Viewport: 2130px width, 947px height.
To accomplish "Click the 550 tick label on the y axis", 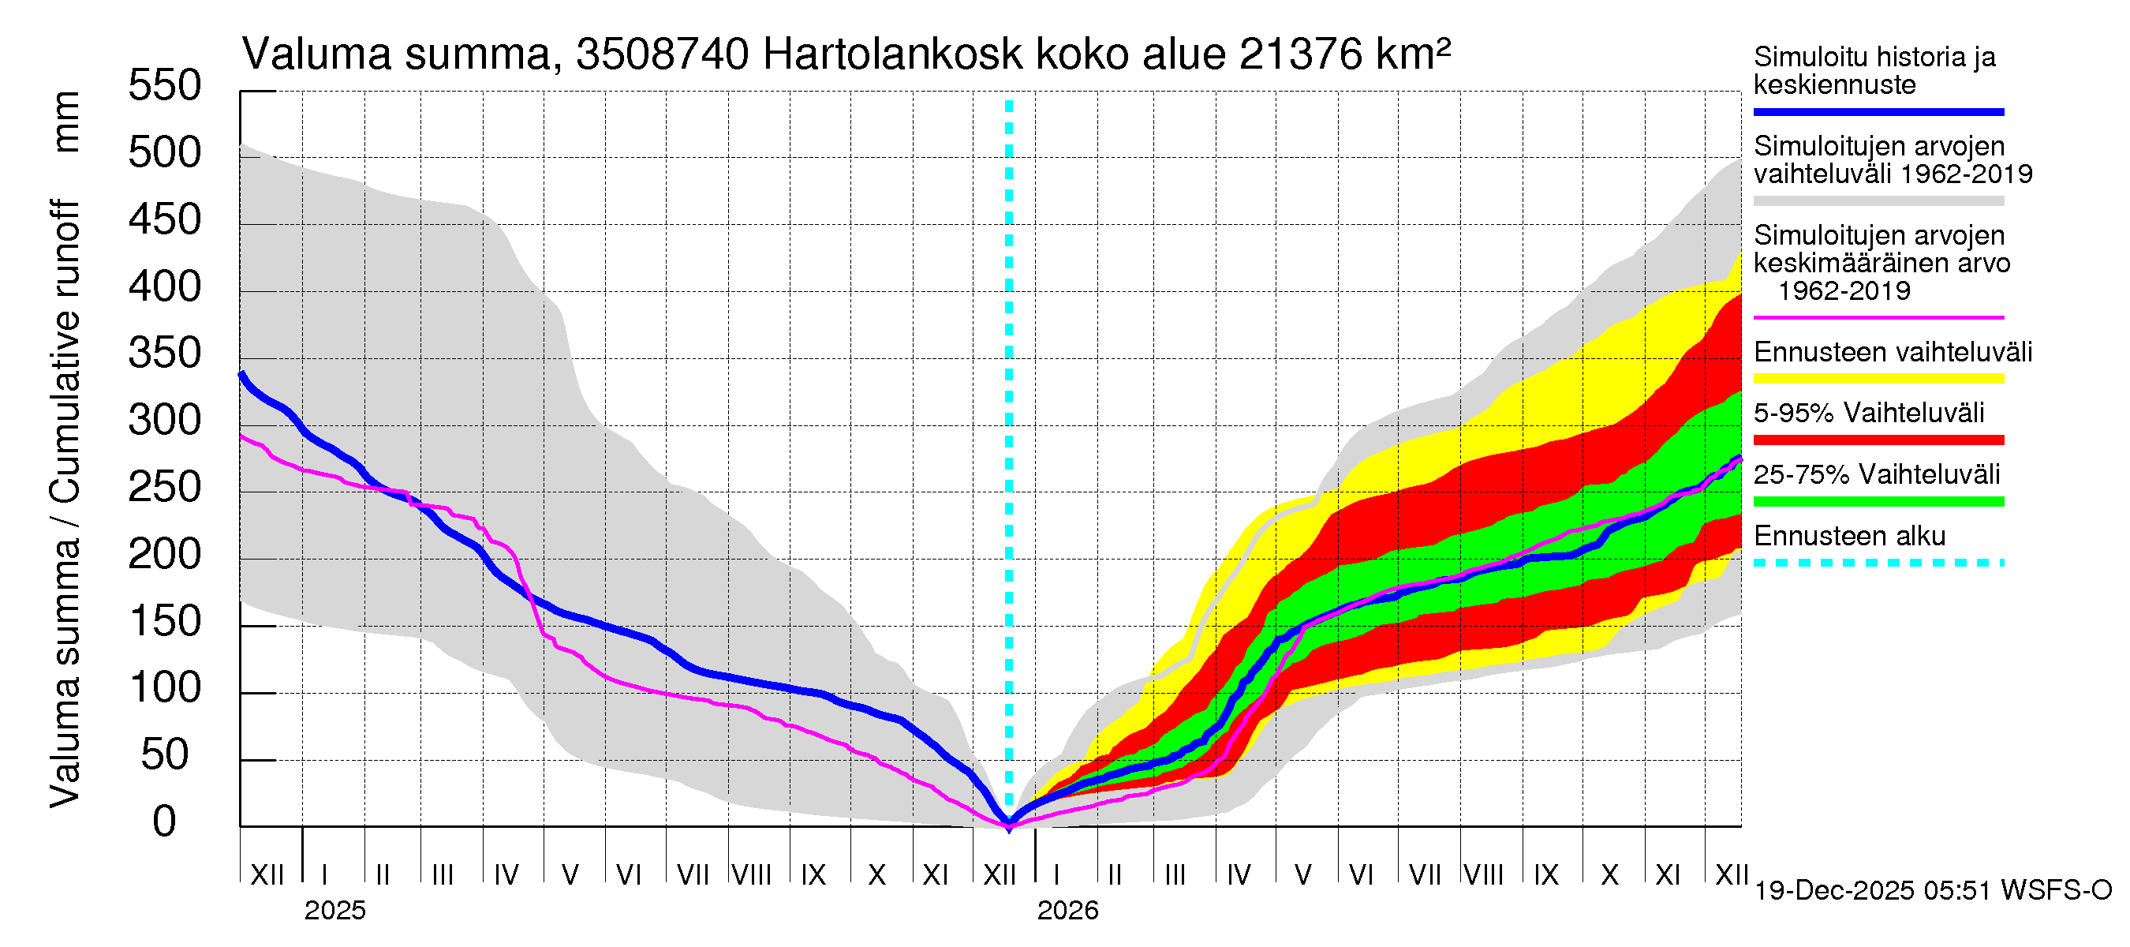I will (165, 86).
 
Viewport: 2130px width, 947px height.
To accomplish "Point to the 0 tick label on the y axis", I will (165, 822).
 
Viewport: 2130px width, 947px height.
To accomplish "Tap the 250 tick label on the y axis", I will (165, 487).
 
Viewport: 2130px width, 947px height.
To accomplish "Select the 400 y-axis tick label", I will (165, 287).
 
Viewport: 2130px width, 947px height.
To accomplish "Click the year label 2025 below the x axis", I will (334, 911).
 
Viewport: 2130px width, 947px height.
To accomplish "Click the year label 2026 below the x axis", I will (1067, 911).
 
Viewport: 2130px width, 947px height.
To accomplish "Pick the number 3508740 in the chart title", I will (663, 55).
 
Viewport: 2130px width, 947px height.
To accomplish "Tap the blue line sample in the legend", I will (1878, 111).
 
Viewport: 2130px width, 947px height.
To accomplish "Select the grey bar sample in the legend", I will (1878, 201).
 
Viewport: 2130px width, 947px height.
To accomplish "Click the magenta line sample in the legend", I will (1878, 317).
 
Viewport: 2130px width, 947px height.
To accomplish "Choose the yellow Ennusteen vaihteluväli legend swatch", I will (1878, 379).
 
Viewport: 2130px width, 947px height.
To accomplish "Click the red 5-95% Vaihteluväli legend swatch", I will (1878, 440).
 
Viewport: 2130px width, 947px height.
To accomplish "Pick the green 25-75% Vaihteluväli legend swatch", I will (1878, 501).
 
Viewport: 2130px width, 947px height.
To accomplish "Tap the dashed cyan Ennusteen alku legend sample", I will (1878, 563).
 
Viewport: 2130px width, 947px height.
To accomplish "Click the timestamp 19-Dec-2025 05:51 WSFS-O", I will (1932, 891).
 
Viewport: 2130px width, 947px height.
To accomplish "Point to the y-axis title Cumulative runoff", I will (65, 351).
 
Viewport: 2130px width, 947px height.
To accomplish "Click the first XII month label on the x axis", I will (267, 875).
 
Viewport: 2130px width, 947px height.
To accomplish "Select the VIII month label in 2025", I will (752, 875).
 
